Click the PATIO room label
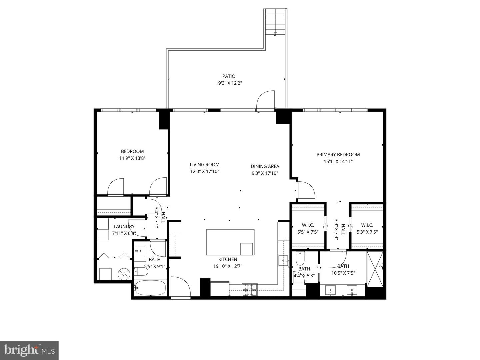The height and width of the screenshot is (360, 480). tap(229, 76)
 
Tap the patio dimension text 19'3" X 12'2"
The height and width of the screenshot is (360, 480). tap(229, 83)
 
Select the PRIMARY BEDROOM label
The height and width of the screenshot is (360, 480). tap(338, 154)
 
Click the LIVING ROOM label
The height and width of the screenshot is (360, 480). tap(205, 164)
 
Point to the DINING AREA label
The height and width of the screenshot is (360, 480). tap(265, 166)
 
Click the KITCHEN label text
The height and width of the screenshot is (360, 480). tap(228, 259)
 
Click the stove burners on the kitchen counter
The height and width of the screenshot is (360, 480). tap(250, 289)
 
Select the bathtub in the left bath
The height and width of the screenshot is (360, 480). tap(150, 288)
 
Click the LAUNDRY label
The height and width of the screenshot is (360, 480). tap(124, 226)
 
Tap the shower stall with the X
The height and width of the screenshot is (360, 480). tap(375, 269)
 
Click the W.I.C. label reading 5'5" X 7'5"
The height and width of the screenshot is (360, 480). tap(308, 228)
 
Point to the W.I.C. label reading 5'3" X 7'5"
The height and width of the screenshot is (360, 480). tap(367, 228)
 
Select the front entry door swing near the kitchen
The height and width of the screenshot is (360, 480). tap(180, 286)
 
